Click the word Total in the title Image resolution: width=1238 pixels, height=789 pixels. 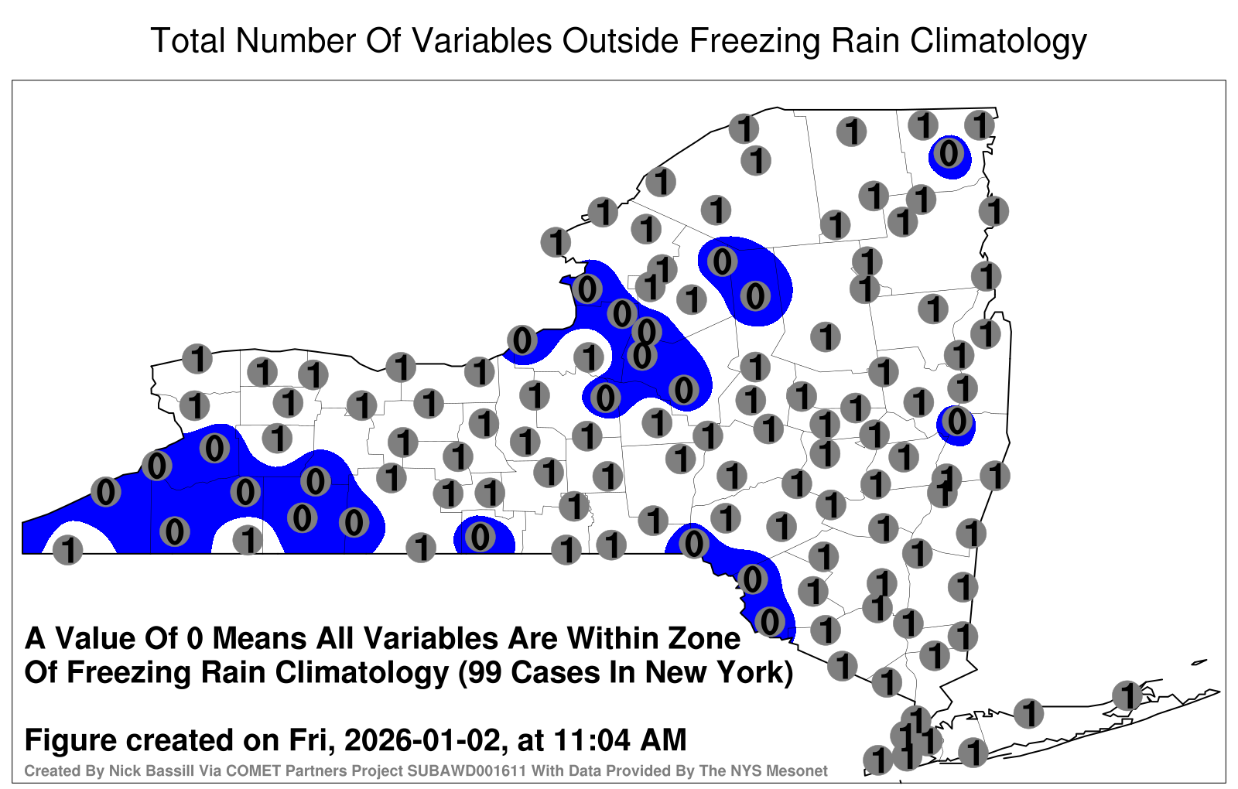(x=188, y=40)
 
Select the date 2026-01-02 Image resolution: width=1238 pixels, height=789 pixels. (x=422, y=739)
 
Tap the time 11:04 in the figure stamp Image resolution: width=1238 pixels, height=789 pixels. (x=592, y=739)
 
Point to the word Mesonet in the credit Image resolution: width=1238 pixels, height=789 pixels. (x=801, y=770)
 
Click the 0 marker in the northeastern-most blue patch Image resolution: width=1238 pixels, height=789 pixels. (x=949, y=153)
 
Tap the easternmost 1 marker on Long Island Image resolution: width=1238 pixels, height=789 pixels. (x=1127, y=695)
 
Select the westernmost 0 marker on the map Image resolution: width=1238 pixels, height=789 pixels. (x=105, y=491)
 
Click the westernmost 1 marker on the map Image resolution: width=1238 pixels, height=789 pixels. (x=67, y=550)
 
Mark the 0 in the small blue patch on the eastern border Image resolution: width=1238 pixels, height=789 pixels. (x=956, y=421)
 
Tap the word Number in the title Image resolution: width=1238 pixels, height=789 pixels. (x=297, y=40)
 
